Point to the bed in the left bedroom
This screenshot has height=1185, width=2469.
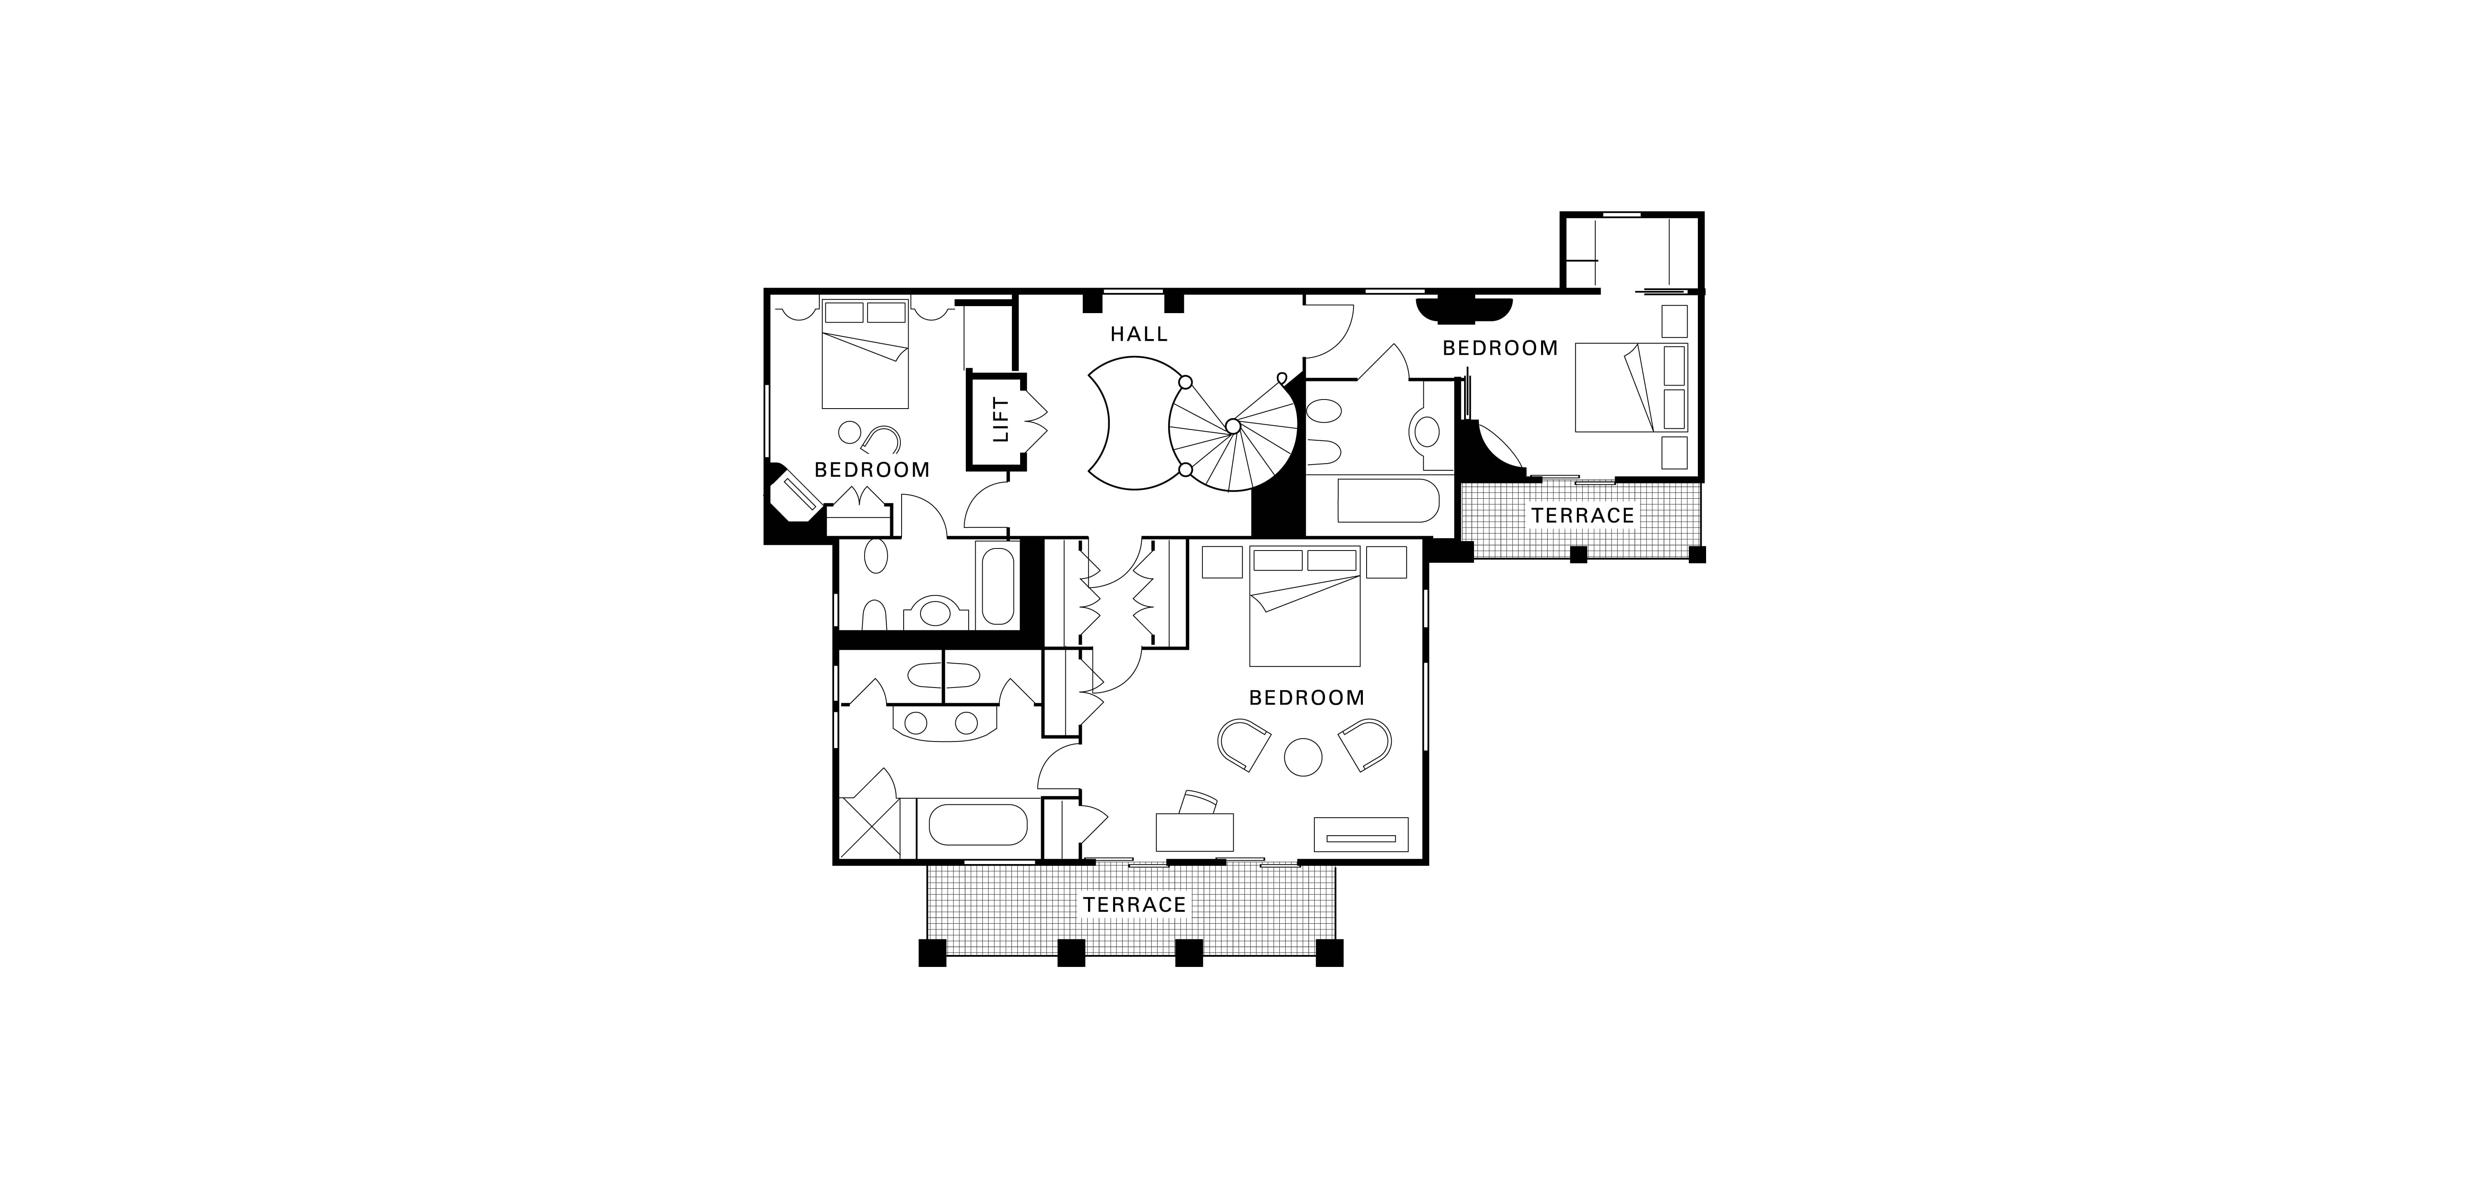865,353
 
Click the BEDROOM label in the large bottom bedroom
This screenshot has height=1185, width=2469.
1307,698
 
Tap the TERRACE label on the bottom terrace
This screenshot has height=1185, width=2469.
1135,904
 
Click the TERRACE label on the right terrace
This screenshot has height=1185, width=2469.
1582,516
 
